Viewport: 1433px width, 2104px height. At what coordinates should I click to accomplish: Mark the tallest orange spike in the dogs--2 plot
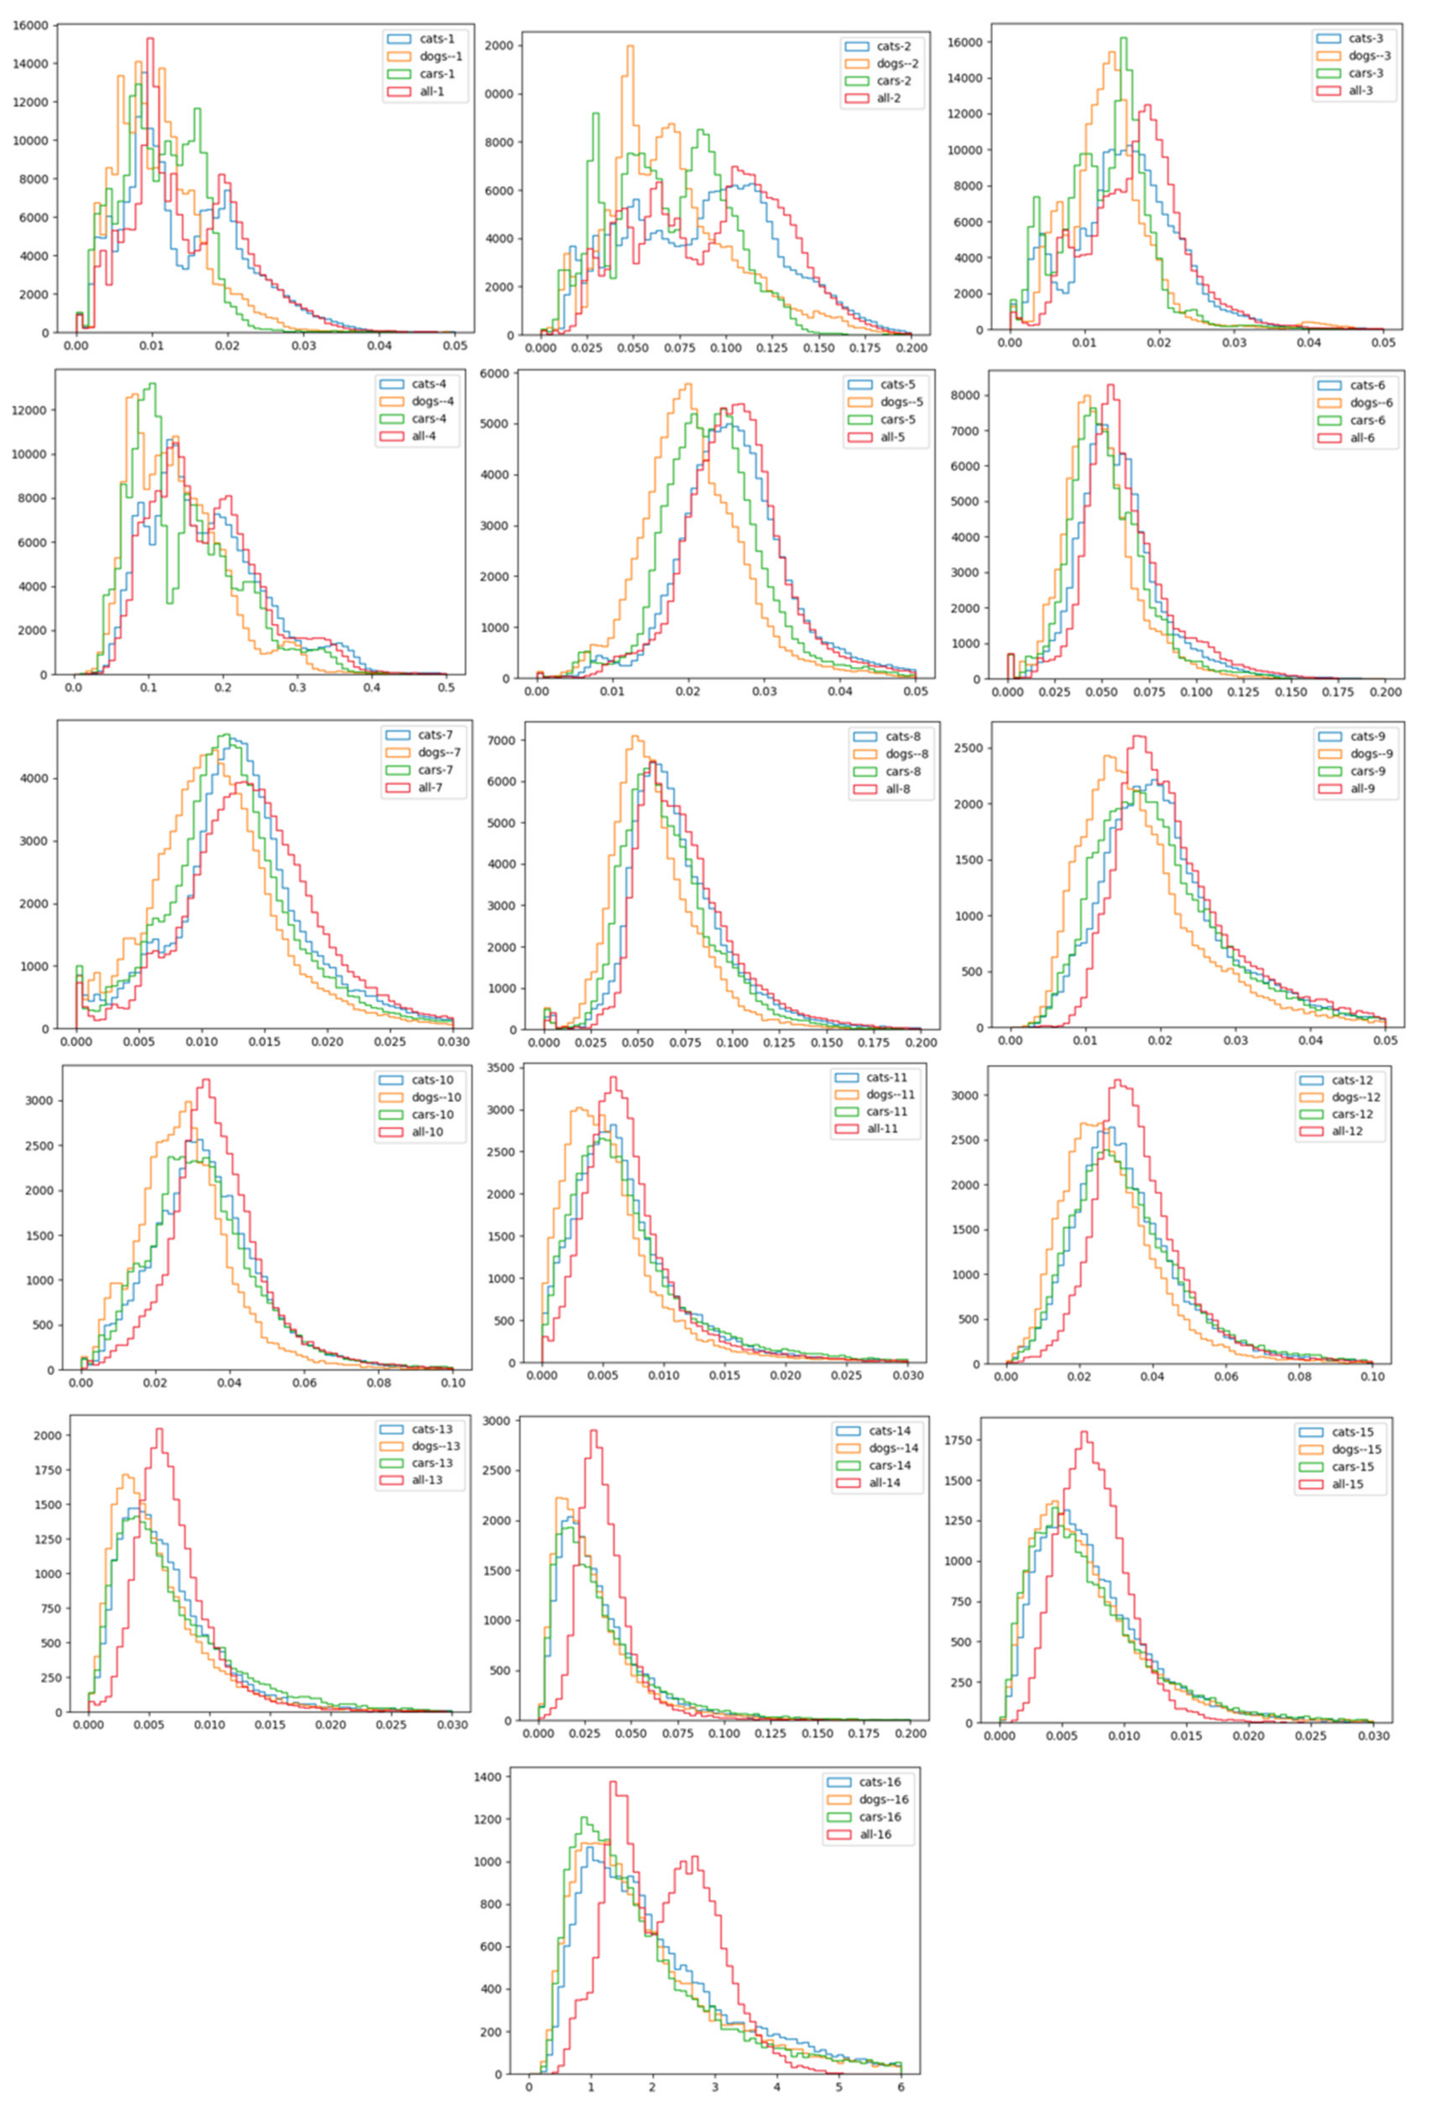(629, 47)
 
